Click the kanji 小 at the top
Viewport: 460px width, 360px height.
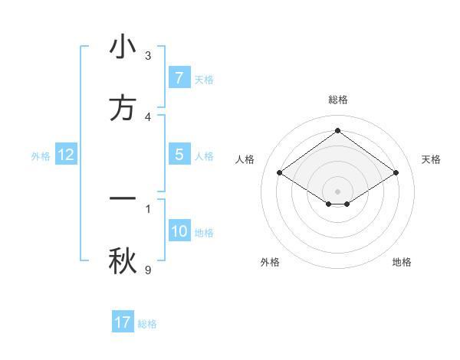[123, 47]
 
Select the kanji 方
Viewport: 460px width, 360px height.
[123, 108]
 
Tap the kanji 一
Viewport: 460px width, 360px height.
[123, 198]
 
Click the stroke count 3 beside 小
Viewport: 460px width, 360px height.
[148, 56]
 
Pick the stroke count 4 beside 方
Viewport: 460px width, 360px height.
[148, 116]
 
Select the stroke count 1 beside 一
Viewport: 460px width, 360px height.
[148, 208]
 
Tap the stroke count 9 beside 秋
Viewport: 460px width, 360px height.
[148, 270]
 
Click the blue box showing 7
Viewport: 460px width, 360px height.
[179, 78]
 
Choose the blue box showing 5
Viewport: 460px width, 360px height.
[179, 155]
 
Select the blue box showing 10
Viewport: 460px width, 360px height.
[179, 231]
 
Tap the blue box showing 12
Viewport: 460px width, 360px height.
[66, 155]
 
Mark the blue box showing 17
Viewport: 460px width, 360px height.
[123, 322]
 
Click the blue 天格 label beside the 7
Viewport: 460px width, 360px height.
[204, 80]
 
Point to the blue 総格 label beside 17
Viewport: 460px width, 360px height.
[147, 324]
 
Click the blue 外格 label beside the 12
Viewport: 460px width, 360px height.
[41, 156]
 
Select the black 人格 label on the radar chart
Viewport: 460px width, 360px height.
[245, 159]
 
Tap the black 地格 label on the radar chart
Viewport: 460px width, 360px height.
[402, 262]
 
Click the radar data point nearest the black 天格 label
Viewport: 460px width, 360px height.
[396, 173]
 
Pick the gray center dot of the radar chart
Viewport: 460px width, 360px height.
[337, 191]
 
